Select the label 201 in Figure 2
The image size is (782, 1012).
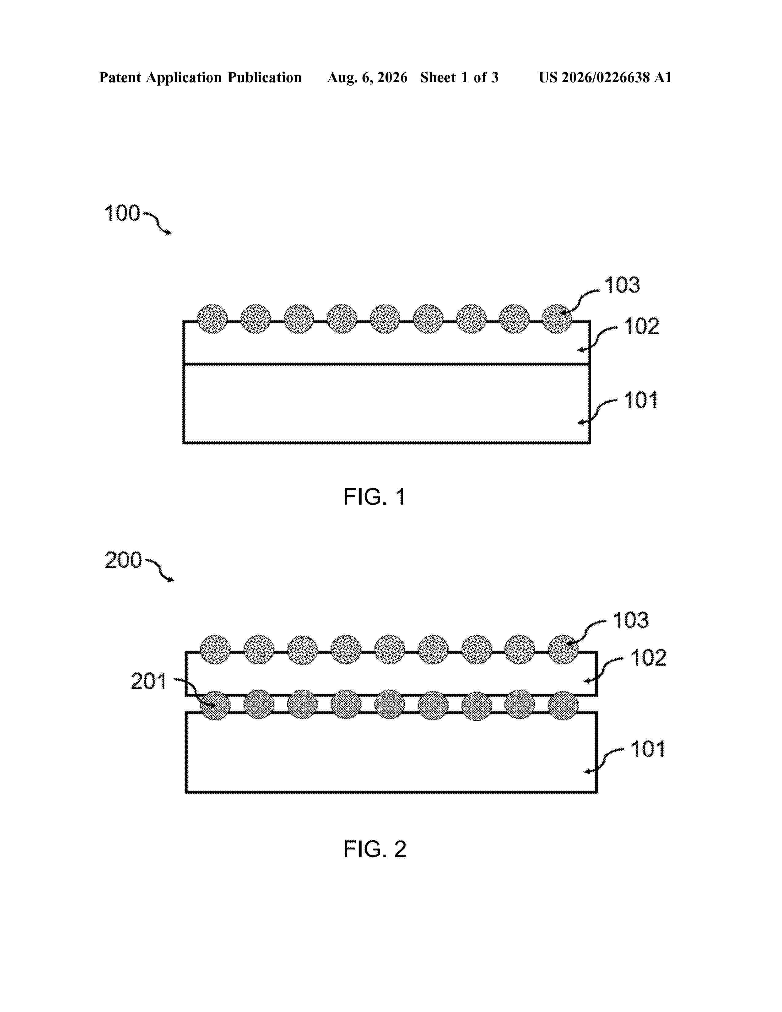coord(148,681)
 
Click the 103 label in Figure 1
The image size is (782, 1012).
coord(622,285)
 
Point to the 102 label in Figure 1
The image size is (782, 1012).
coord(641,326)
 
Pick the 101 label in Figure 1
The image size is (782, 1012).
coord(641,400)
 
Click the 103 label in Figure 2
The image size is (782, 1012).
coord(631,620)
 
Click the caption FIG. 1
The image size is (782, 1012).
coord(375,497)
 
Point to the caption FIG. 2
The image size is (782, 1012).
coord(375,849)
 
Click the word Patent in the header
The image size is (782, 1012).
coord(120,77)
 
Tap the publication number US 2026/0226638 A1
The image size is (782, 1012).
coord(605,77)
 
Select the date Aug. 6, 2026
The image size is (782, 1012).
coord(367,77)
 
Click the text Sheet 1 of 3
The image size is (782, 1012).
coord(459,77)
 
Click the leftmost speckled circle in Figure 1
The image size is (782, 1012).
coord(213,319)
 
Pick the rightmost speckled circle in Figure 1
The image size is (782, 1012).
coord(557,319)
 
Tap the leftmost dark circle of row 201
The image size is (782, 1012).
coord(215,705)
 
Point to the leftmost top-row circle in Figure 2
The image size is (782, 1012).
coord(215,650)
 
